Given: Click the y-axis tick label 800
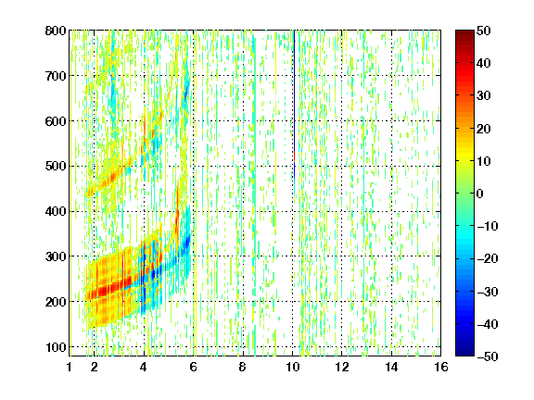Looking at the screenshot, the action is point(56,31).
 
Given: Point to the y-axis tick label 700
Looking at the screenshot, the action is point(56,76).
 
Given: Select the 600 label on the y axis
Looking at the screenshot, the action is point(56,121).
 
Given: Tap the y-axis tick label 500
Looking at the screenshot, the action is point(56,167).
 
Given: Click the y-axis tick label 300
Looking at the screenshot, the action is point(56,256).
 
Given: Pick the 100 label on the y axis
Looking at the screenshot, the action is point(56,347).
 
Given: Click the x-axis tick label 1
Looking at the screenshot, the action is point(70,367).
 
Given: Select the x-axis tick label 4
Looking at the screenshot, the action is point(144,367).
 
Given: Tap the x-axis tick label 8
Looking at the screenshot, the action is point(243,367).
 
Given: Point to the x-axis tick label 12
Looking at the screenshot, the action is point(341,367).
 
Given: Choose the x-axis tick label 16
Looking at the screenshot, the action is point(441,367).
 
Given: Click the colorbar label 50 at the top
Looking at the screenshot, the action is point(483,31).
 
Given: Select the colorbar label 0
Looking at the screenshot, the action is point(480,194).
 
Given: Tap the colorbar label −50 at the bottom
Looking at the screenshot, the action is point(488,356).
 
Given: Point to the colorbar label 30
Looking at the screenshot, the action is point(483,96).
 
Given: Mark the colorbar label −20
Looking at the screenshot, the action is point(488,259).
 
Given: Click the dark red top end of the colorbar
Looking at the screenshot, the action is point(464,32).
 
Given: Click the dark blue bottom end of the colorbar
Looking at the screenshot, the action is point(464,354).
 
